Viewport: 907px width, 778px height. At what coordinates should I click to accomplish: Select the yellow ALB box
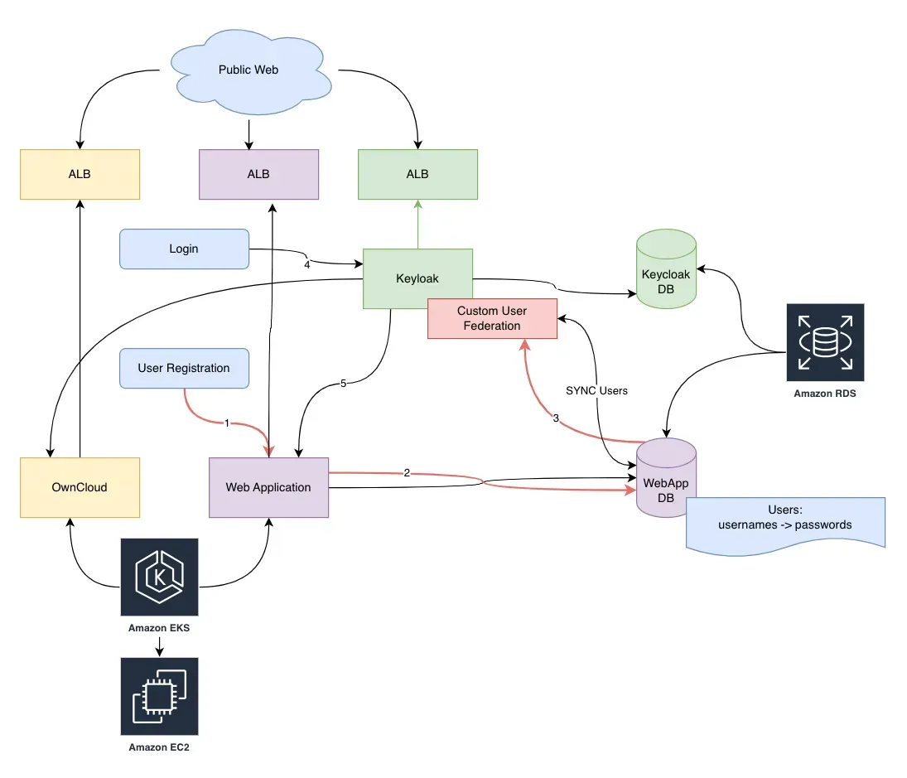click(80, 174)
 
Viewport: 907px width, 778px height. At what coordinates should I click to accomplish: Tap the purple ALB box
click(258, 174)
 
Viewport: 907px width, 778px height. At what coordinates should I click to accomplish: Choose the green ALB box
click(417, 174)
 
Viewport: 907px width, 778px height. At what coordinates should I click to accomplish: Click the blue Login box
click(184, 249)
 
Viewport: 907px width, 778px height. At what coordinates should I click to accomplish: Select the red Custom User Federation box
click(492, 319)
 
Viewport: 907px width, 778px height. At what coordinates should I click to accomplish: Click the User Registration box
click(184, 368)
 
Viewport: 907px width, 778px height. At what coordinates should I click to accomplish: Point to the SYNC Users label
click(596, 390)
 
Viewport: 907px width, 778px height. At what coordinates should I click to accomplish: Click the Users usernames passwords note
click(784, 519)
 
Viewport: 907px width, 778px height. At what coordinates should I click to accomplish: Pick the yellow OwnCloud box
click(80, 487)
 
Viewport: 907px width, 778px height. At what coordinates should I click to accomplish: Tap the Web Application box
click(268, 487)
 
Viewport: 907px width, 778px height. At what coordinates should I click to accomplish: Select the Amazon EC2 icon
click(159, 696)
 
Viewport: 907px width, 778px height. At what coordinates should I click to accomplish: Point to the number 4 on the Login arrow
click(306, 266)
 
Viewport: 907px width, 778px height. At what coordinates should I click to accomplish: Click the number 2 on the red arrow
click(407, 473)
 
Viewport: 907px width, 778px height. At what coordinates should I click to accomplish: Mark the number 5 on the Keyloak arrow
click(343, 384)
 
